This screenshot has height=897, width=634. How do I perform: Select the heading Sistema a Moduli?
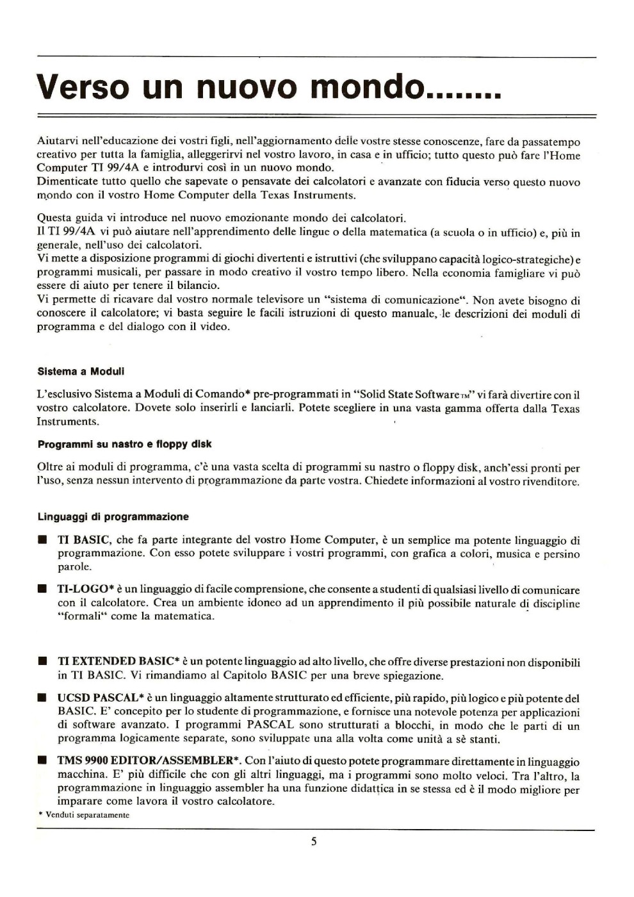(x=81, y=372)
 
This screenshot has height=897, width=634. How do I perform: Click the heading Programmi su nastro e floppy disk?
(x=124, y=444)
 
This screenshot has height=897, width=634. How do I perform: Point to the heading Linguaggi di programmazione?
(x=113, y=516)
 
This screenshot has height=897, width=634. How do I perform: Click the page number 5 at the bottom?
(x=314, y=841)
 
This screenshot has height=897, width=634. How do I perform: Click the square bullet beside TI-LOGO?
(x=42, y=589)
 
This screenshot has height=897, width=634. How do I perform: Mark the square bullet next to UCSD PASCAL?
(x=42, y=698)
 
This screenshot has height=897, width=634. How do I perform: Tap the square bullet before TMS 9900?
(x=42, y=761)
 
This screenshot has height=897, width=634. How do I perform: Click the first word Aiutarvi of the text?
(x=59, y=142)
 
